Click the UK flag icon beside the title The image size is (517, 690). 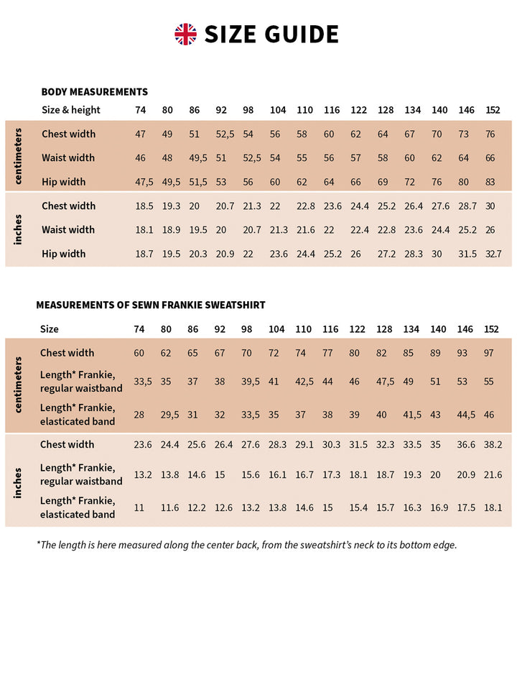click(185, 34)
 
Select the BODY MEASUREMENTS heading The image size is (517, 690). click(94, 92)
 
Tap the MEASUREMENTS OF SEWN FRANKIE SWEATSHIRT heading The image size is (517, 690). click(151, 305)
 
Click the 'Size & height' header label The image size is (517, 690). click(70, 110)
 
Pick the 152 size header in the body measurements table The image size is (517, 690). click(493, 110)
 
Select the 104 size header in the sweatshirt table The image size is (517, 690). click(276, 329)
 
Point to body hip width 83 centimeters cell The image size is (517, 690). click(490, 182)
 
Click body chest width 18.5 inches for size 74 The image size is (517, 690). click(144, 206)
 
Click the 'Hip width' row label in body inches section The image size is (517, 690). click(63, 254)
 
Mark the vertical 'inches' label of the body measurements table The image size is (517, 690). click(18, 229)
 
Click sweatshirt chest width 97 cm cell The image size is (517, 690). click(489, 353)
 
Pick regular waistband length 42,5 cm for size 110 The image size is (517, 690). click(304, 382)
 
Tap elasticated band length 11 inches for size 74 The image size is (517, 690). click(139, 507)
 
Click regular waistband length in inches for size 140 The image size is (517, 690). click(437, 475)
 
